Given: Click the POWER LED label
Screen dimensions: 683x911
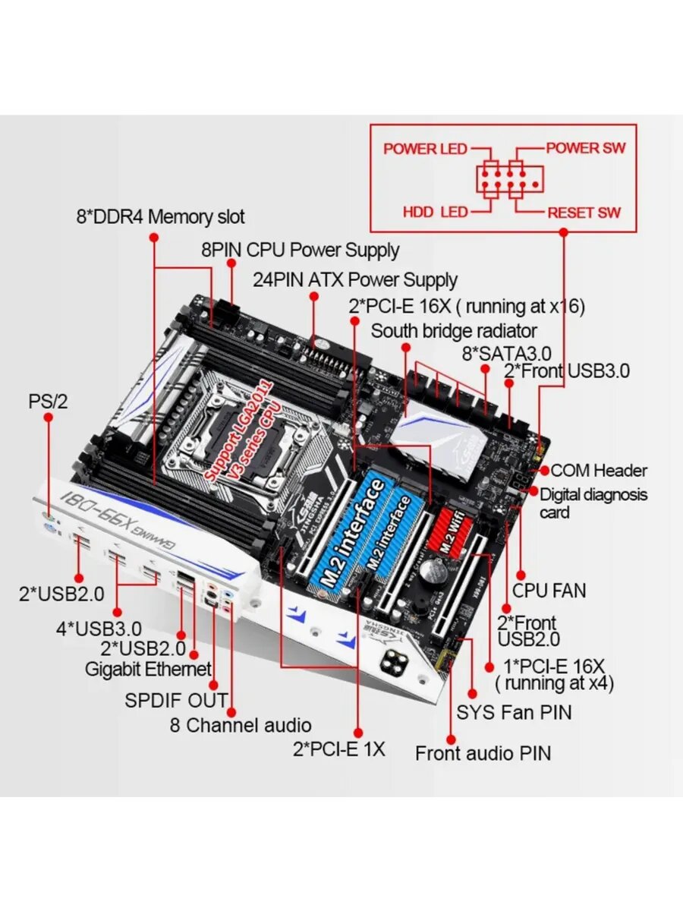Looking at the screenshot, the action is point(425,148).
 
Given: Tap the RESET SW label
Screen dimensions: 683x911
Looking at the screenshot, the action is point(584,213).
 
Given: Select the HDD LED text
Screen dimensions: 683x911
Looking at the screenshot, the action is point(436,212).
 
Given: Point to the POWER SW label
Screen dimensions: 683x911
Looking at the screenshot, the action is point(586,147).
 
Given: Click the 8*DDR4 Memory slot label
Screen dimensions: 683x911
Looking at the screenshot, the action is point(160,217).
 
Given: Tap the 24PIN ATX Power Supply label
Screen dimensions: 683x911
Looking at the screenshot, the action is point(355,279).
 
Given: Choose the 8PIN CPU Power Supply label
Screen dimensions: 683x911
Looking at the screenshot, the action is point(300,249).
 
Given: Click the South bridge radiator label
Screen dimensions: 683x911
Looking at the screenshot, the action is point(454,331).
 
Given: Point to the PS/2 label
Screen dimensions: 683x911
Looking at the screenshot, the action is point(48,401).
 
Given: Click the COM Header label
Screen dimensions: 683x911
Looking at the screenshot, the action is point(599,471).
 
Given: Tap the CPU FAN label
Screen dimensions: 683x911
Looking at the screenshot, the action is point(549,590).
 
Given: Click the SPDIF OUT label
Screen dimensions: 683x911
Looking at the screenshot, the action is point(176,699).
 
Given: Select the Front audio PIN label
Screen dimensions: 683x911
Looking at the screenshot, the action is point(483,753).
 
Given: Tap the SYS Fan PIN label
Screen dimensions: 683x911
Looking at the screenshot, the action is point(514,712).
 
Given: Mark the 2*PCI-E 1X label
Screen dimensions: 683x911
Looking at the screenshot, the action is point(338,749).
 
